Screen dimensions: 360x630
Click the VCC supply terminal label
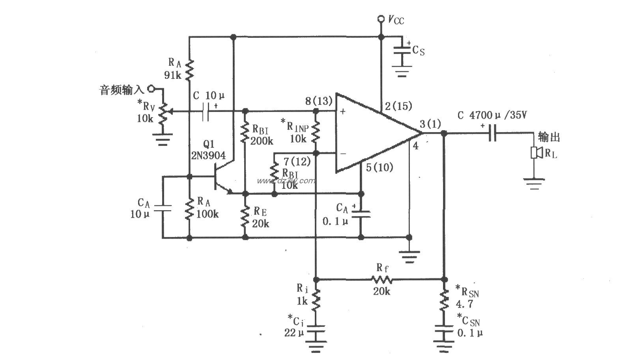pyautogui.click(x=396, y=19)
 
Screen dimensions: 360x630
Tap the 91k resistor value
pyautogui.click(x=172, y=75)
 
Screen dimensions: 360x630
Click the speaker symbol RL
pyautogui.click(x=535, y=153)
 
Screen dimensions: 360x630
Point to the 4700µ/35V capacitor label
pyautogui.click(x=492, y=116)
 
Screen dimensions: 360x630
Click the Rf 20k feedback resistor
pyautogui.click(x=381, y=280)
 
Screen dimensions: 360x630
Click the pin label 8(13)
pyautogui.click(x=319, y=101)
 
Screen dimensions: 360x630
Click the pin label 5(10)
pyautogui.click(x=379, y=168)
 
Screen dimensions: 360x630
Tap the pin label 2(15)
pyautogui.click(x=398, y=106)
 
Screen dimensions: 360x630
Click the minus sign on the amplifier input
pyautogui.click(x=343, y=154)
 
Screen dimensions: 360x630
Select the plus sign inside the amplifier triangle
pyautogui.click(x=342, y=112)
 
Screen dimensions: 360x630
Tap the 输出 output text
pyautogui.click(x=549, y=137)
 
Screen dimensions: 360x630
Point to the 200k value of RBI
pyautogui.click(x=262, y=141)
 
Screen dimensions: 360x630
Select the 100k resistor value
pyautogui.click(x=208, y=214)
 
